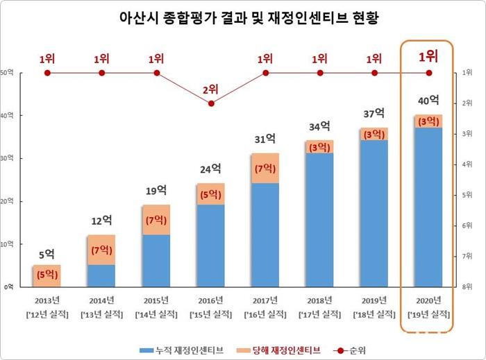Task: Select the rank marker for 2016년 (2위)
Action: tap(211, 103)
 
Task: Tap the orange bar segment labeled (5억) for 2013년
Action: tap(47, 275)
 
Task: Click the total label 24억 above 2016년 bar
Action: tap(211, 168)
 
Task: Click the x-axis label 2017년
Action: tap(265, 300)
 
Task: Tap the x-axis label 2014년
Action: tap(101, 300)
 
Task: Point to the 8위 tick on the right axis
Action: tap(467, 286)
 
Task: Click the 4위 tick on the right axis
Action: tap(467, 164)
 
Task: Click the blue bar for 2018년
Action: tap(319, 219)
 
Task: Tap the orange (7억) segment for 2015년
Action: tap(156, 220)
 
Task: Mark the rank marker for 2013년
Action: tap(47, 73)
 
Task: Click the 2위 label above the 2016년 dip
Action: tap(211, 89)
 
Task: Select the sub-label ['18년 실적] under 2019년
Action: tap(374, 315)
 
